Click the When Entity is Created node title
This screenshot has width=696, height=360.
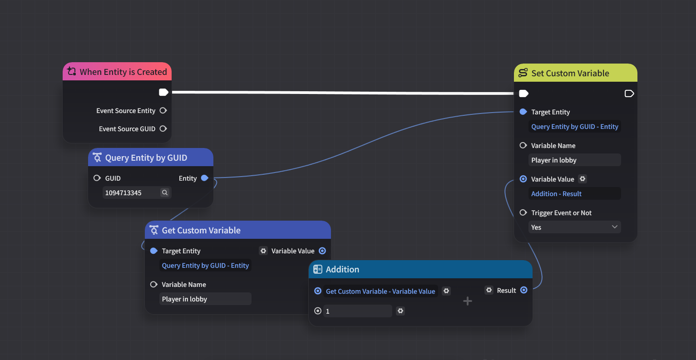pyautogui.click(x=123, y=72)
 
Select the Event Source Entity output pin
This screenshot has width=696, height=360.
pyautogui.click(x=163, y=111)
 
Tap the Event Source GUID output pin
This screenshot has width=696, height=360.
pyautogui.click(x=163, y=128)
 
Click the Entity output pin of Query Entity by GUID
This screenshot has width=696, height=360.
pyautogui.click(x=204, y=178)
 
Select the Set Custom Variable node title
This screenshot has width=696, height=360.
pyautogui.click(x=570, y=73)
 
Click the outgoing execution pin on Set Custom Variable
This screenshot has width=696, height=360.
pyautogui.click(x=629, y=94)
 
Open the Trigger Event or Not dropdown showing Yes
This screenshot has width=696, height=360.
pyautogui.click(x=574, y=227)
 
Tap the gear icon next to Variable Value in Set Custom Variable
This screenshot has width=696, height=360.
pyautogui.click(x=582, y=179)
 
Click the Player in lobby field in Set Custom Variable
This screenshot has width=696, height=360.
pyautogui.click(x=574, y=160)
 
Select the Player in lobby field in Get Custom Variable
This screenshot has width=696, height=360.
pyautogui.click(x=205, y=299)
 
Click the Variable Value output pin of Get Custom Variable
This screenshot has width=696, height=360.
pyautogui.click(x=322, y=251)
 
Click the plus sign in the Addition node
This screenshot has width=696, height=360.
pyautogui.click(x=467, y=301)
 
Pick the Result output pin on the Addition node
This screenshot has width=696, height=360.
pyautogui.click(x=523, y=290)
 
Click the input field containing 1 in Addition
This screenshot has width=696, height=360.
pyautogui.click(x=357, y=311)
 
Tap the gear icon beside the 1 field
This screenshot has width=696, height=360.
pyautogui.click(x=400, y=311)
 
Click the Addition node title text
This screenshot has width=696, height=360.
pyautogui.click(x=342, y=269)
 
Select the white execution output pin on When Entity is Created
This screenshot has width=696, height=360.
pyautogui.click(x=163, y=92)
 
